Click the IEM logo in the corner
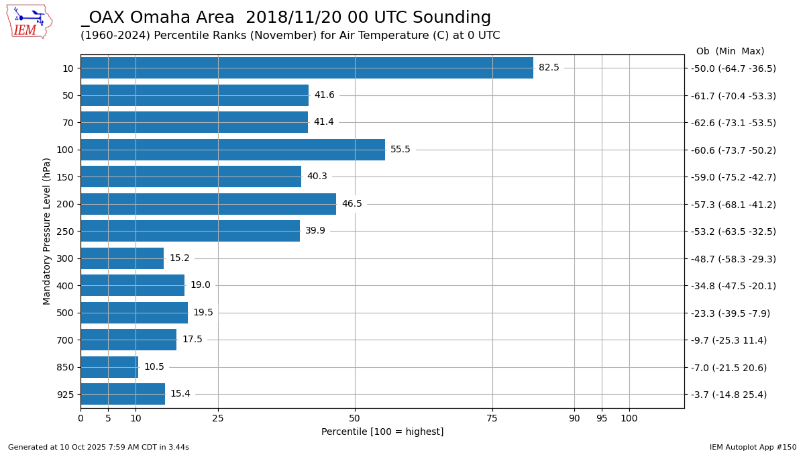(x=29, y=21)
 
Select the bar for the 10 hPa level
(x=307, y=68)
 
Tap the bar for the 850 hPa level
(x=109, y=367)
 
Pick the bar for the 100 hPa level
(x=233, y=150)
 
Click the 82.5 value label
(x=549, y=68)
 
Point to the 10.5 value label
(x=154, y=367)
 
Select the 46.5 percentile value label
(x=352, y=204)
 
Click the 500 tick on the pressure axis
(x=65, y=313)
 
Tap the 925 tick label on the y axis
(x=65, y=395)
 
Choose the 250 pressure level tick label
(x=65, y=232)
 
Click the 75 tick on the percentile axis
(x=492, y=418)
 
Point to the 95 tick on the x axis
(x=602, y=418)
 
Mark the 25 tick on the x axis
(x=218, y=418)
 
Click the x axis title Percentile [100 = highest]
(x=382, y=432)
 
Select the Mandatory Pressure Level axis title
(x=47, y=231)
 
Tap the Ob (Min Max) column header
(x=730, y=51)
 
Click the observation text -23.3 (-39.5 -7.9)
(x=731, y=313)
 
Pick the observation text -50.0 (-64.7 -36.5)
(x=733, y=68)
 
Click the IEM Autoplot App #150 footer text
(x=753, y=447)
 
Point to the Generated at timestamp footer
(x=99, y=447)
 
